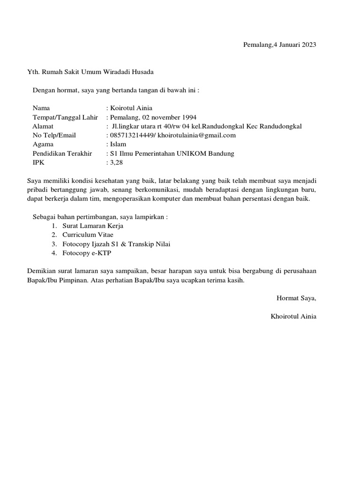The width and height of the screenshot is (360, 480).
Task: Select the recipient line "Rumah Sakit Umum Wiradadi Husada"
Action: [97, 72]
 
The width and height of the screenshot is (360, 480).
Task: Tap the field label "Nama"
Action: [41, 108]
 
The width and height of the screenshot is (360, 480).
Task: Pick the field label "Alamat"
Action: [43, 126]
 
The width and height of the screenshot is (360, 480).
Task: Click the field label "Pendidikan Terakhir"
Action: [63, 154]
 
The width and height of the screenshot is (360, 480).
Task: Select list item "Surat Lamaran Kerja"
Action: [93, 226]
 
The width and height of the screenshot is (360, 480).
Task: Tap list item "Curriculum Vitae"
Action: [88, 235]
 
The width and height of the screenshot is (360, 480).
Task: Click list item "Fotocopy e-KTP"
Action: [87, 253]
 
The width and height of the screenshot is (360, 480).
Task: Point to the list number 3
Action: [54, 244]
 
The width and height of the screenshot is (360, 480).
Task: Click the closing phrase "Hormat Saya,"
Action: [296, 298]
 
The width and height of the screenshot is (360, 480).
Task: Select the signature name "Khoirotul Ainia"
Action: [293, 316]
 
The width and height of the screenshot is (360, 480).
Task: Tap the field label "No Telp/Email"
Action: [54, 135]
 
